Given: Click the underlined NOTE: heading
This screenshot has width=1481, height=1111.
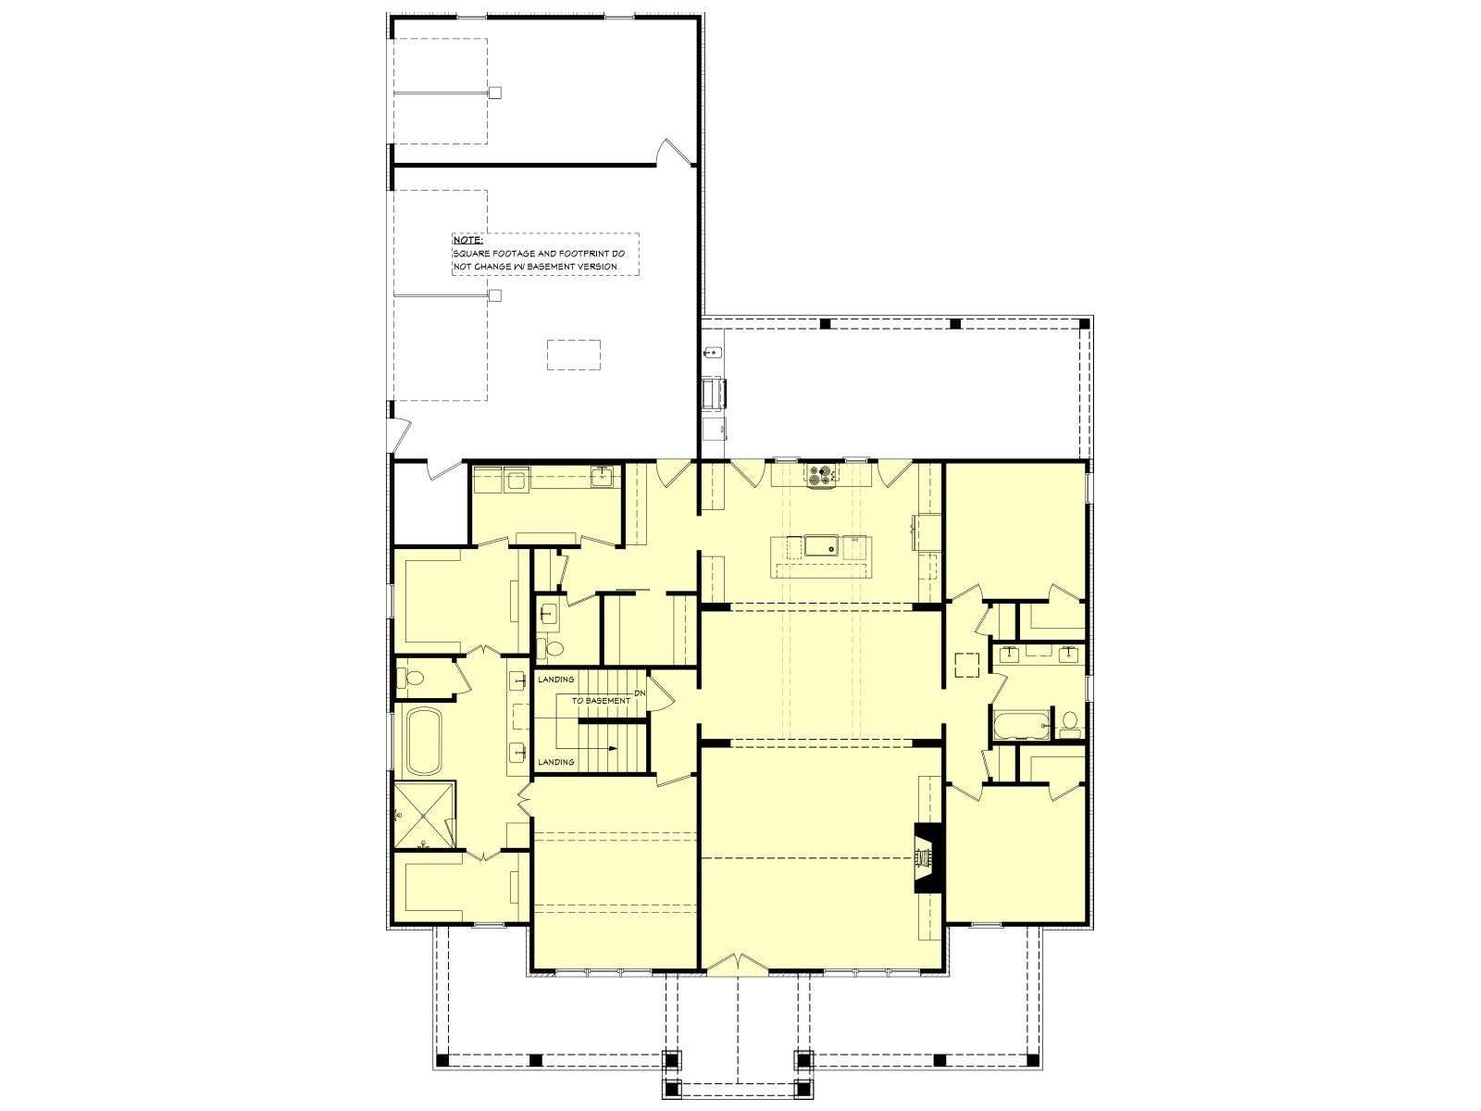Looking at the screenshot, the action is (467, 240).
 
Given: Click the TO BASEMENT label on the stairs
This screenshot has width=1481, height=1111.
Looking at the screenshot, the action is (601, 700).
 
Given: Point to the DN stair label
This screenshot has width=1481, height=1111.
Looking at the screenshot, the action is (640, 693).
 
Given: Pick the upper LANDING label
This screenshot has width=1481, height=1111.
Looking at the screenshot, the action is (556, 680).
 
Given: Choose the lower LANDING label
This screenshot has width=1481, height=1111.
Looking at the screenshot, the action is (556, 762).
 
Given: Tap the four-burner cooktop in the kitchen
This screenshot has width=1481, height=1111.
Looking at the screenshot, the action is (822, 475).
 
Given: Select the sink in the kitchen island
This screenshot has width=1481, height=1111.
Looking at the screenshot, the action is (820, 545).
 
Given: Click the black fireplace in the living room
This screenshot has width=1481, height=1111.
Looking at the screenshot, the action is (928, 857).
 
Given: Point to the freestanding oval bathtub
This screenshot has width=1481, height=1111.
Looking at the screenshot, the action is (424, 741).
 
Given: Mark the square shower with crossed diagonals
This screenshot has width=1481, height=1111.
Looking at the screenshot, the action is (424, 815).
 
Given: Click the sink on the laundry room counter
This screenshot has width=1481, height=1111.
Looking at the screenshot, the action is (601, 477).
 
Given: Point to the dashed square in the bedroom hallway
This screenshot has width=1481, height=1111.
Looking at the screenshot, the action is (967, 664).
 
